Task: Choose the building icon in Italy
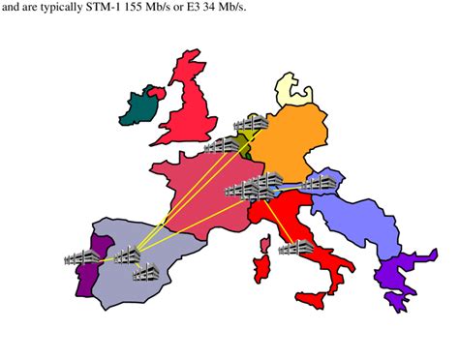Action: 294,248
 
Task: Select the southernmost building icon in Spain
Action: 146,274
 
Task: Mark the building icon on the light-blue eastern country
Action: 320,182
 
